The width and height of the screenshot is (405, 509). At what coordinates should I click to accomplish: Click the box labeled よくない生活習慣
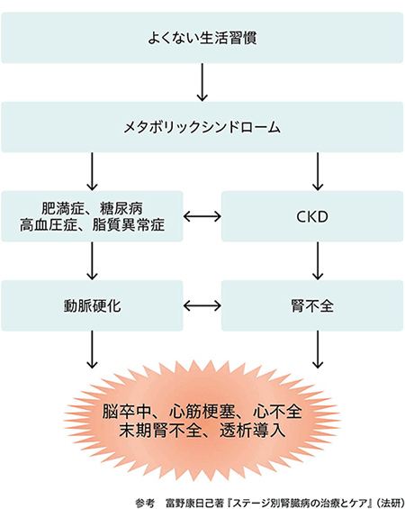202,38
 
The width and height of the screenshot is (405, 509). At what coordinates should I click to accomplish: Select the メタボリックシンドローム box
202,127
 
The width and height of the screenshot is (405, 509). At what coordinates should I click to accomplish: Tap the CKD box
312,216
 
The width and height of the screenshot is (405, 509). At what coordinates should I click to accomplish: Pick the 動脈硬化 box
92,305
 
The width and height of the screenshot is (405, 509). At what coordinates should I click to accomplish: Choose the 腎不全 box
312,305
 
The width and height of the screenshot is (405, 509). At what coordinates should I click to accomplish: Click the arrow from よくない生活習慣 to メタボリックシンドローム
202,83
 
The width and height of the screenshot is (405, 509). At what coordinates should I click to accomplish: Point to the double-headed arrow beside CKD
202,216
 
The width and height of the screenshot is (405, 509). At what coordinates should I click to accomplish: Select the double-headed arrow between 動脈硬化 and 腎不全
202,305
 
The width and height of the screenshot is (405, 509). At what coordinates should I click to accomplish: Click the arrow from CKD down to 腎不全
318,261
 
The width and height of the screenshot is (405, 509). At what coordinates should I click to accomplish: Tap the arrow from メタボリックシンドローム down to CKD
318,172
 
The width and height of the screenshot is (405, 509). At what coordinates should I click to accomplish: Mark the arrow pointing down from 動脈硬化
92,350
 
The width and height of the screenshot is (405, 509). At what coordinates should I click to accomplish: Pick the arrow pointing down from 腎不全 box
318,350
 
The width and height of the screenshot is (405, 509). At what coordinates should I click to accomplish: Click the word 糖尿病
121,208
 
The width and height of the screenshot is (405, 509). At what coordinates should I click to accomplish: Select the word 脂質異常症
129,224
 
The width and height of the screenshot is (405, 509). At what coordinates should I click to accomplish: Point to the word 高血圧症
49,224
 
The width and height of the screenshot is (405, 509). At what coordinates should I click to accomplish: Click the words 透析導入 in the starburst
253,431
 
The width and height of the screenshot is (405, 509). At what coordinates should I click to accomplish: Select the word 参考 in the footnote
145,504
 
